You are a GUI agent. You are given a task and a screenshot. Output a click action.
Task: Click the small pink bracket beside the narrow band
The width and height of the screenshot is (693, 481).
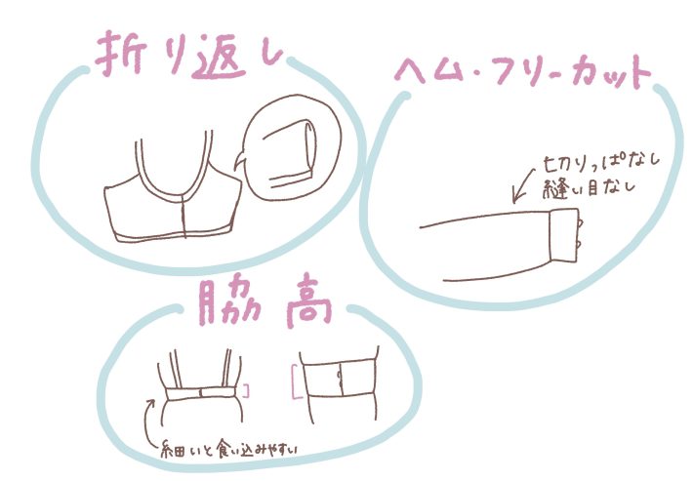pos(247,391)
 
